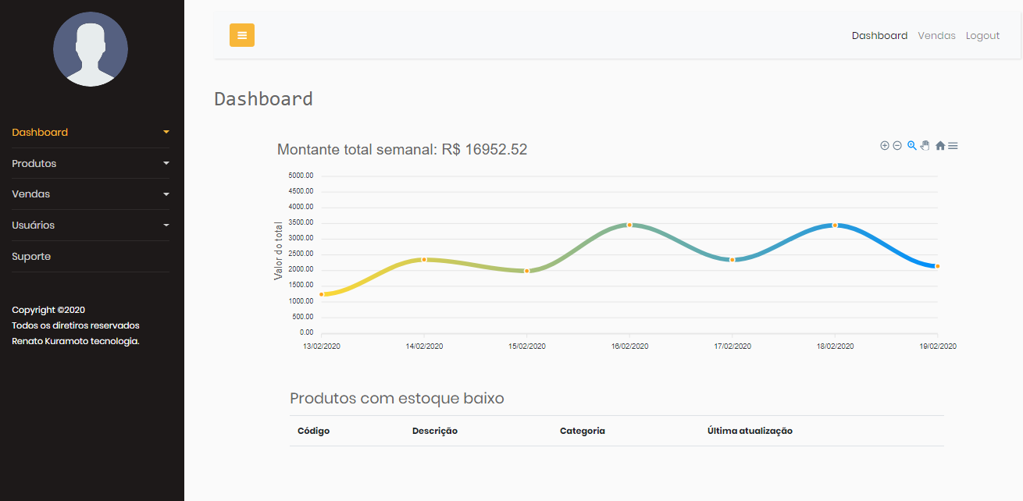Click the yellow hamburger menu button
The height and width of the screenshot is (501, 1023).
tap(242, 35)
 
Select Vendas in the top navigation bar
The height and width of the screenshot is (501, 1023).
tap(936, 36)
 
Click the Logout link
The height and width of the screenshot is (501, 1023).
tap(982, 36)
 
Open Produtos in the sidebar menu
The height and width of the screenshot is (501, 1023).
tap(34, 164)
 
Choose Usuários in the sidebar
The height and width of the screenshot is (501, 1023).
tap(34, 226)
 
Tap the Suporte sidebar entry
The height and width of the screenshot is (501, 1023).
tap(31, 257)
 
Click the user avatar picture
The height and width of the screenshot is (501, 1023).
tap(91, 49)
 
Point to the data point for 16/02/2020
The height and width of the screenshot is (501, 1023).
tap(629, 225)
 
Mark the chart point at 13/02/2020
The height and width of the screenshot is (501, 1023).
tap(322, 294)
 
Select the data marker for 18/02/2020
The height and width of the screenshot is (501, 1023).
tap(835, 226)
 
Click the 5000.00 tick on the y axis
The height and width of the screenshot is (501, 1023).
tap(301, 176)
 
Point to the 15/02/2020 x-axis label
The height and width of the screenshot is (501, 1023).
tap(527, 346)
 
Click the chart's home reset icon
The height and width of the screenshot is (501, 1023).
tap(940, 146)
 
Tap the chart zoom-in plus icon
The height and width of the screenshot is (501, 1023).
tap(885, 146)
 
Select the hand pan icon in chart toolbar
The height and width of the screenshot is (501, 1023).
tap(925, 146)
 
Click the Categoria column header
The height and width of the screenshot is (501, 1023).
tap(583, 431)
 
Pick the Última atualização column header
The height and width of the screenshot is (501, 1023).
tap(750, 431)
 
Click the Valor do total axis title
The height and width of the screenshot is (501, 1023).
tap(279, 251)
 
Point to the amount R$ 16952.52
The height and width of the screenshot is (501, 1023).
tap(484, 150)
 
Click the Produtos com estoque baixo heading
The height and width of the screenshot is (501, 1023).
tap(397, 399)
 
